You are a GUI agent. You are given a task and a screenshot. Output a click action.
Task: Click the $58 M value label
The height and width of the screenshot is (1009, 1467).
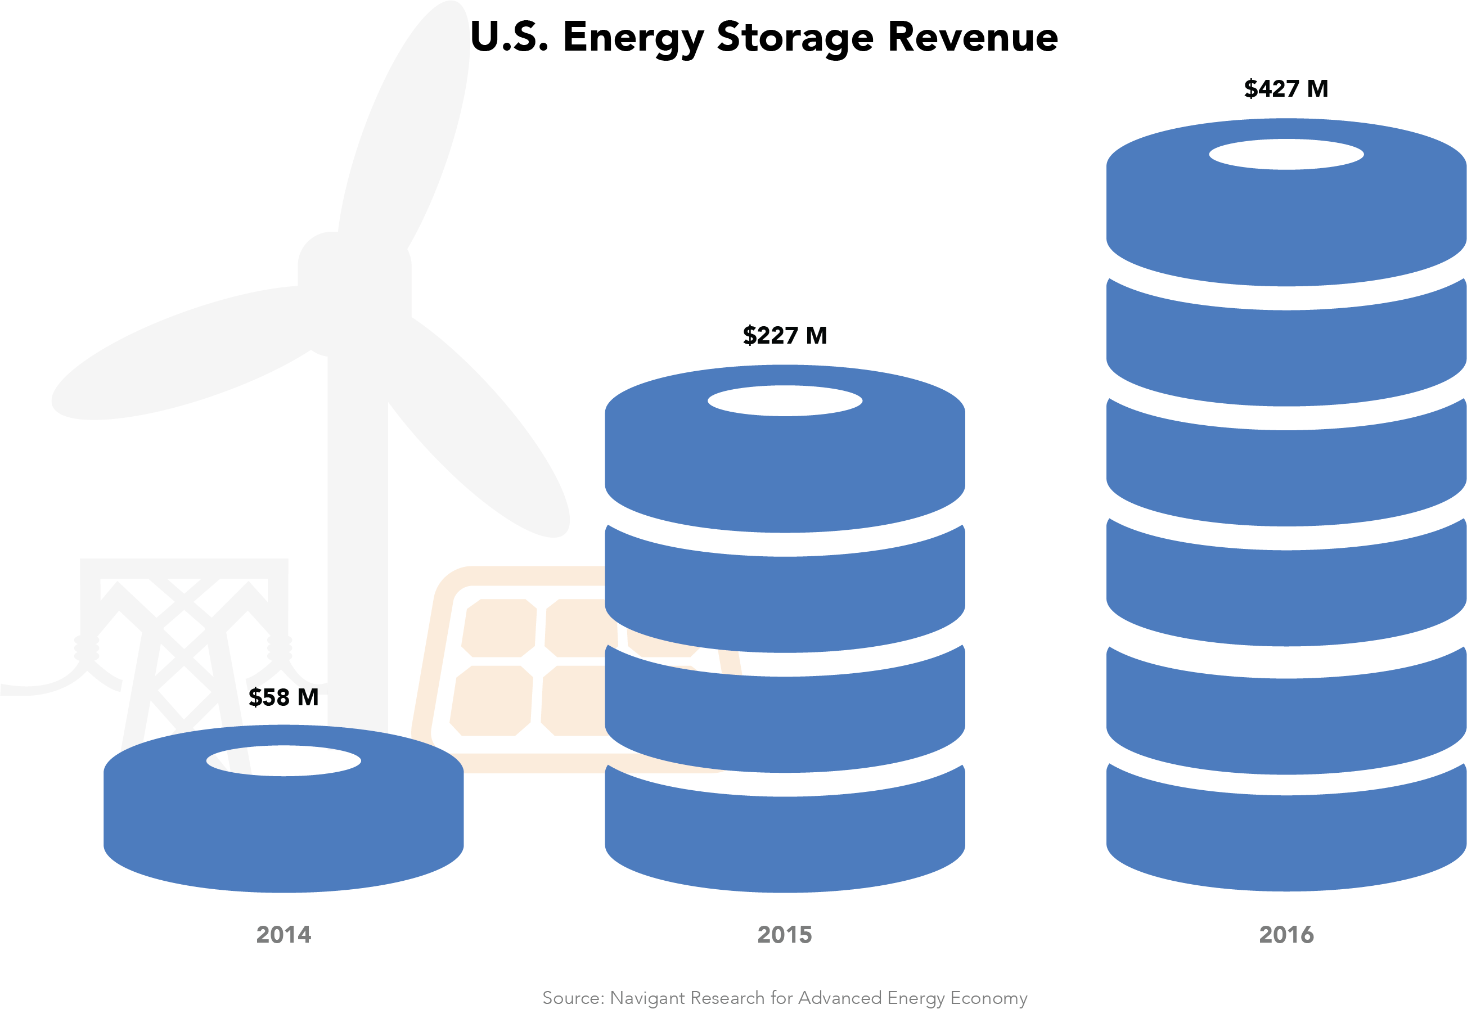point(283,697)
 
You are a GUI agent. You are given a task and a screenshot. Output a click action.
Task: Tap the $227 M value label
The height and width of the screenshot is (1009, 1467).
point(785,336)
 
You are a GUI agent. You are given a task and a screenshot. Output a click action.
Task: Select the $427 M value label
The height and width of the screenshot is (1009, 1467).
point(1285,89)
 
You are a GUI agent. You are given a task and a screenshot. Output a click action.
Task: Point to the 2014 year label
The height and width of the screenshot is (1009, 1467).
point(283,934)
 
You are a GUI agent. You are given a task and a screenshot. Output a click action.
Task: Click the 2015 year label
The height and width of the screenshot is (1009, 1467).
point(785,934)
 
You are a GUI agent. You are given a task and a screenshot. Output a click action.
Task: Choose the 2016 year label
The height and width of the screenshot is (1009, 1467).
point(1286,934)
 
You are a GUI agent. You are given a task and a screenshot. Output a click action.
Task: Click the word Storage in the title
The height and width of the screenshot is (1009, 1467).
point(795,38)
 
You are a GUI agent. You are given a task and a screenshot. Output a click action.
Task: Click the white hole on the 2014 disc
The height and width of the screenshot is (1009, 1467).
point(283,760)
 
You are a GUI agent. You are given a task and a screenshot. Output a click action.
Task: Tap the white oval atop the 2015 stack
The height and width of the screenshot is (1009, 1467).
point(785,401)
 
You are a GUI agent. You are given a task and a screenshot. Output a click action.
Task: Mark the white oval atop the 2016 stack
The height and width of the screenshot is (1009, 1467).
point(1286,154)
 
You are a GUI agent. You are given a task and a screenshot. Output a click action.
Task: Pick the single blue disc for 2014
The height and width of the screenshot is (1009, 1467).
point(283,828)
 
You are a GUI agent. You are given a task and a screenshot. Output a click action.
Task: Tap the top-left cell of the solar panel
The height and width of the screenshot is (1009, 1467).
point(499,628)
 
